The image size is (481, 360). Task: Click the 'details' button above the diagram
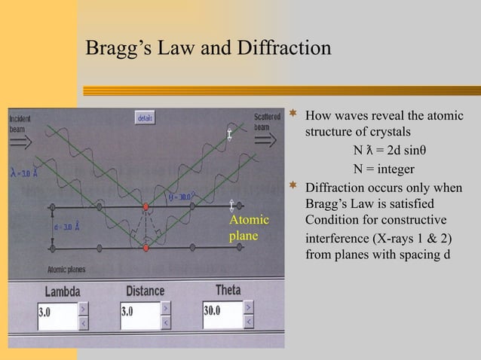[x=146, y=118]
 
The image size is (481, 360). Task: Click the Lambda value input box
[x=57, y=313]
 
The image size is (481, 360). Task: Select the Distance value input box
[x=139, y=313]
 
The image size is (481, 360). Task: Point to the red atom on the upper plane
[x=146, y=206]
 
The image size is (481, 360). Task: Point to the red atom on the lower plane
[x=146, y=247]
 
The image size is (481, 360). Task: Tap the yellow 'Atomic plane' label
[x=248, y=228]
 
